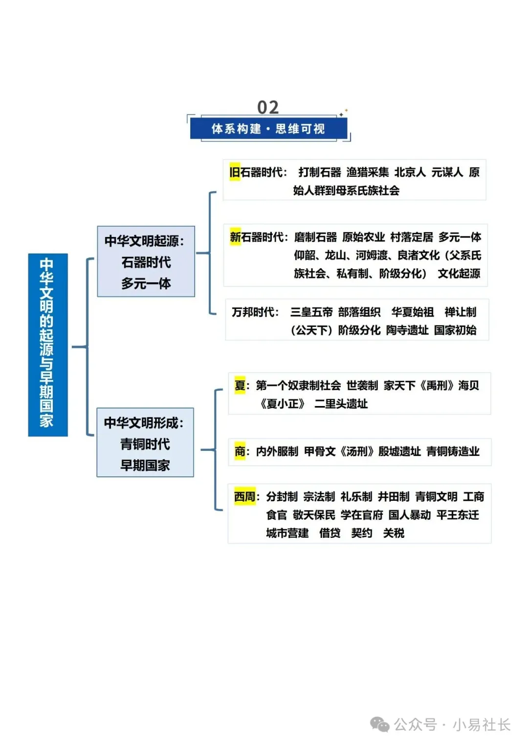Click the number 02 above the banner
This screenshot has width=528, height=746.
[x=268, y=107]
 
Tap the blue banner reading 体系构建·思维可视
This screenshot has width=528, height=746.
[x=268, y=129]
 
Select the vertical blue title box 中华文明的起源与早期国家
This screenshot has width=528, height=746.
[x=47, y=344]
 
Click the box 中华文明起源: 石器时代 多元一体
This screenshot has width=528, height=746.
[x=146, y=261]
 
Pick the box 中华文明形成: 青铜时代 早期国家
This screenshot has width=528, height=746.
[x=145, y=443]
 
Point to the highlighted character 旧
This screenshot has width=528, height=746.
[x=235, y=172]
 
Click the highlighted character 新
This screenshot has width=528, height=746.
[x=235, y=237]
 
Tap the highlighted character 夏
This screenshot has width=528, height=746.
[x=240, y=385]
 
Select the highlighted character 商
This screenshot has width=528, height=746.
[x=240, y=451]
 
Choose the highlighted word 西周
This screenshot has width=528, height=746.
[x=245, y=497]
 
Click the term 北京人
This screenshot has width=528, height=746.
[x=410, y=172]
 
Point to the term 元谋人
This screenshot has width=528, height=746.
[x=447, y=172]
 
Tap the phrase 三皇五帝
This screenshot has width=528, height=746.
[x=311, y=312]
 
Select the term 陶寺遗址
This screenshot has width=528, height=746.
[x=407, y=330]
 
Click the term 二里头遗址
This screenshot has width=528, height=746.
[x=341, y=404]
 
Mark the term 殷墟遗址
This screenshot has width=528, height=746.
[x=399, y=451]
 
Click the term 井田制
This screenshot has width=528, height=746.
[x=394, y=497]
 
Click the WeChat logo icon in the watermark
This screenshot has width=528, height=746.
[x=380, y=724]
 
